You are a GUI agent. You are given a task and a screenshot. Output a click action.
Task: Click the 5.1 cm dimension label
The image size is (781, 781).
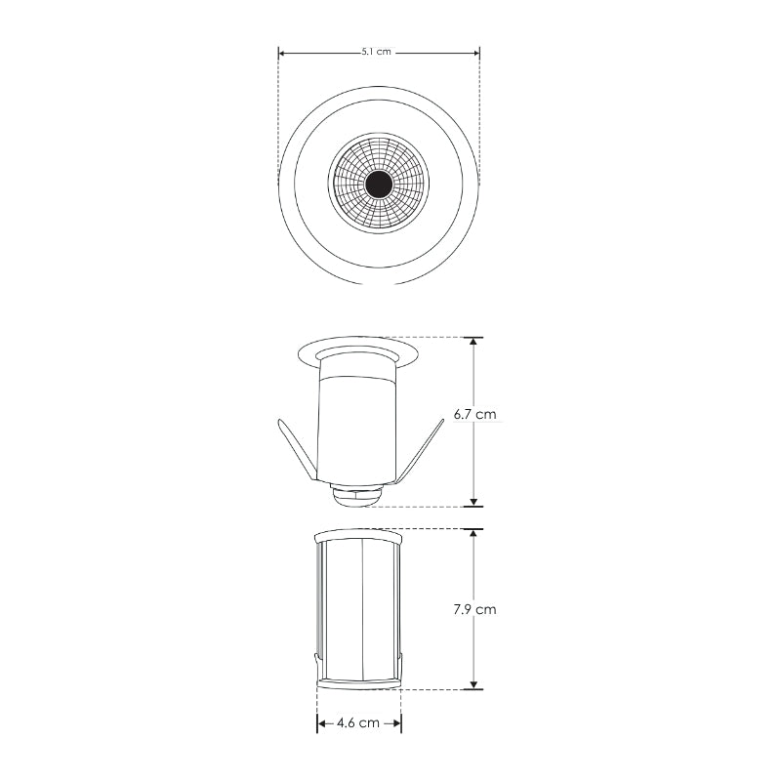click(377, 52)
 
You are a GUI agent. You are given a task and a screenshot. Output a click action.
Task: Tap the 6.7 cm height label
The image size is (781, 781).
click(474, 414)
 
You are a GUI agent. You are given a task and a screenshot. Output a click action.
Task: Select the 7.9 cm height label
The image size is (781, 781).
click(474, 609)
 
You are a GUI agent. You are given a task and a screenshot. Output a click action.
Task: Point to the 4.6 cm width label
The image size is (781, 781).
click(358, 722)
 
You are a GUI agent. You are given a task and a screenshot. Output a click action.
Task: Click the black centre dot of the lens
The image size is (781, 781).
click(379, 185)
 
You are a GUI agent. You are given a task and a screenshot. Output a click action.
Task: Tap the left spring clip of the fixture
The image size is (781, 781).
click(297, 450)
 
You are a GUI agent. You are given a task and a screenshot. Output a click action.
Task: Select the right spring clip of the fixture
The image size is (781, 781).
click(422, 451)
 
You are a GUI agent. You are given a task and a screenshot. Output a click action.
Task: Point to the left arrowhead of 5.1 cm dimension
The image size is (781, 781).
click(281, 53)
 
